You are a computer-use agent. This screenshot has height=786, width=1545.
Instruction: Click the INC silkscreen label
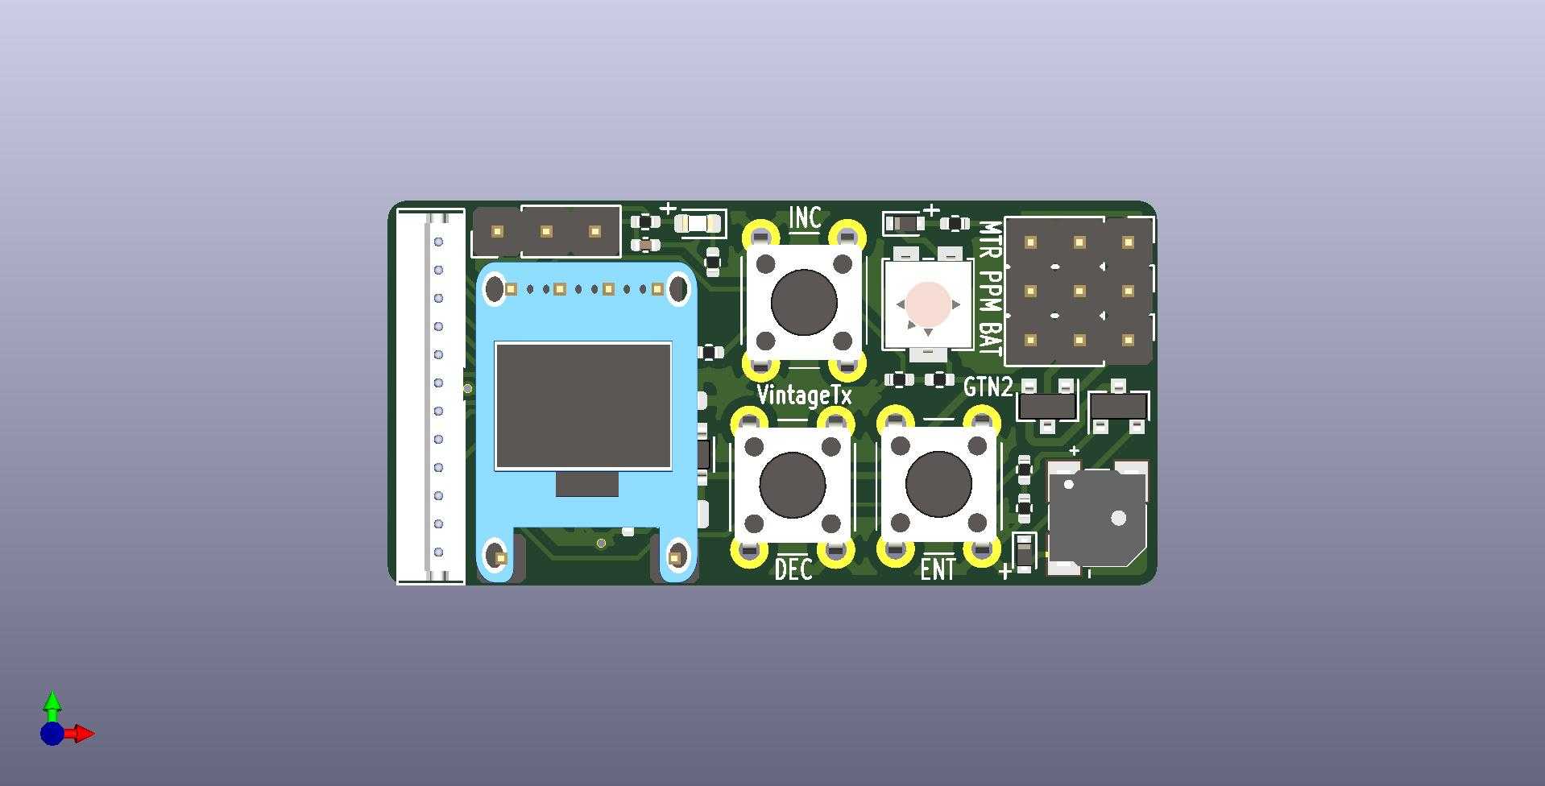[805, 217]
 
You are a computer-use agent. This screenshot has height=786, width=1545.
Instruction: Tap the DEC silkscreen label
[793, 570]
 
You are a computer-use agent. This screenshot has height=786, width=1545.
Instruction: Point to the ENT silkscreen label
[938, 570]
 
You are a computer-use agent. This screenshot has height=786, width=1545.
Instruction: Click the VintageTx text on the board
[804, 395]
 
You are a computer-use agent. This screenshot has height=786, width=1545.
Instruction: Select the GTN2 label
[988, 387]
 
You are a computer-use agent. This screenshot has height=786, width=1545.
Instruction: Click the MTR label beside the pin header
[990, 240]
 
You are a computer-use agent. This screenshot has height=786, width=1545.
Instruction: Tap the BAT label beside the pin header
[990, 337]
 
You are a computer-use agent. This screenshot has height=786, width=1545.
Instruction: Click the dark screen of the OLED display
[582, 406]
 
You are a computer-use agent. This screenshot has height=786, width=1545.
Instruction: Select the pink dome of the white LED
[928, 304]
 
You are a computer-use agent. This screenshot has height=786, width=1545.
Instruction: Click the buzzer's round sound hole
[1118, 518]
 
